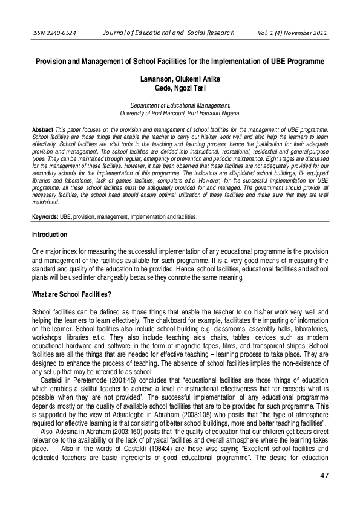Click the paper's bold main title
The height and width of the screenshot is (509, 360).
click(x=179, y=62)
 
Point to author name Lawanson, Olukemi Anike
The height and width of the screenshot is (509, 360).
click(x=179, y=79)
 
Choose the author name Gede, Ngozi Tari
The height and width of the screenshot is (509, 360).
click(x=179, y=88)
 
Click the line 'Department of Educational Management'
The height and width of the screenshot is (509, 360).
click(x=179, y=105)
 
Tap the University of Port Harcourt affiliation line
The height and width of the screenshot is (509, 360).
click(x=179, y=113)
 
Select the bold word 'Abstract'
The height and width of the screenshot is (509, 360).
click(x=42, y=130)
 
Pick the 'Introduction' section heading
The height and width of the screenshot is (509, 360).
click(x=50, y=235)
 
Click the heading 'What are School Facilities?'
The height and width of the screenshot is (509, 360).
click(x=71, y=294)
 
